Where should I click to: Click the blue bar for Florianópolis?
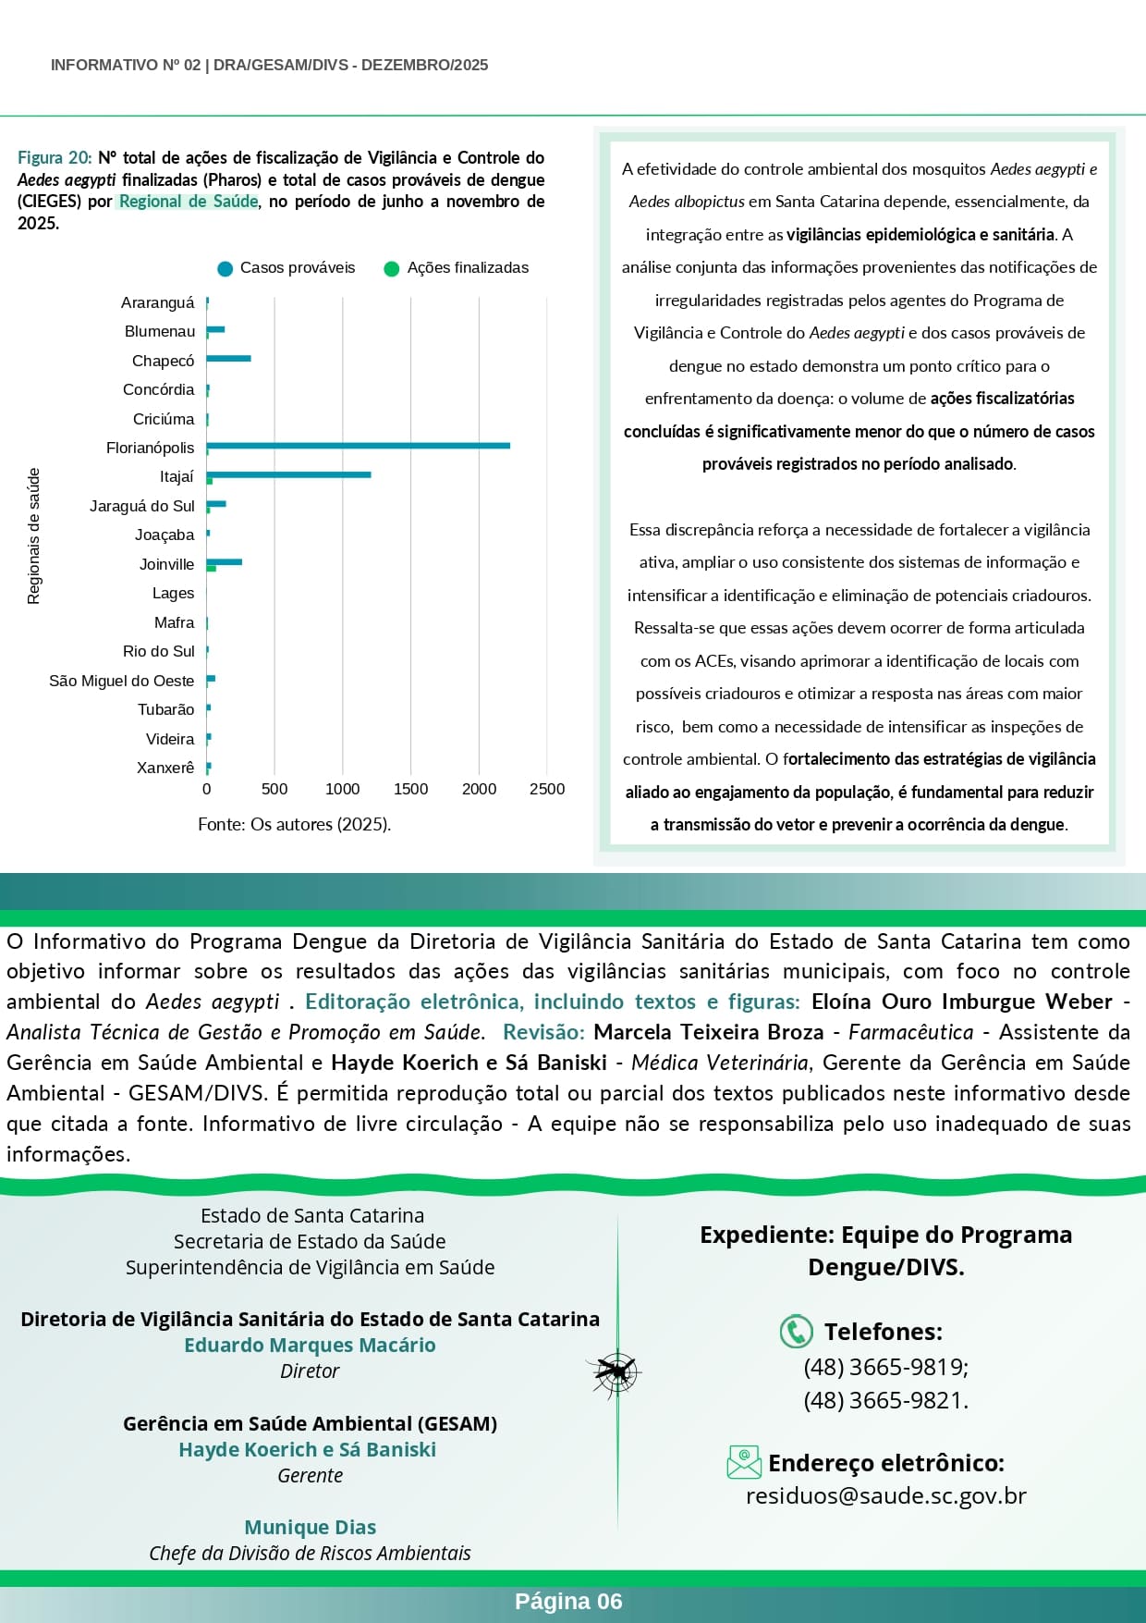(359, 446)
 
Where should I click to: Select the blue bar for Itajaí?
(288, 474)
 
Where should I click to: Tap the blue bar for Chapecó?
(228, 358)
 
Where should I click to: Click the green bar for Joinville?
(212, 568)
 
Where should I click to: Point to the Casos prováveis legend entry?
(286, 268)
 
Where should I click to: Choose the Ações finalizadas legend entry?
(457, 268)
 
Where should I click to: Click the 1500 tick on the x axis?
(410, 789)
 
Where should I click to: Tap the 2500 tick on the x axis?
(547, 789)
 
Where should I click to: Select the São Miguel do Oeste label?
(121, 681)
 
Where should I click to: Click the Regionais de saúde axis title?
(34, 536)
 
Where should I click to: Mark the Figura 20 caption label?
(55, 158)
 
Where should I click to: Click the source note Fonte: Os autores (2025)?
(294, 824)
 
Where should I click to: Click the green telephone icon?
(796, 1332)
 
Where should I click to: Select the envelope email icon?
(744, 1462)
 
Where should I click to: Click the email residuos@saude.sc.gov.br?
(885, 1496)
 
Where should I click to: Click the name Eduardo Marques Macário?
(310, 1346)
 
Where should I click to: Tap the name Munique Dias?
(310, 1528)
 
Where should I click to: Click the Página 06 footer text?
(568, 1602)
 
